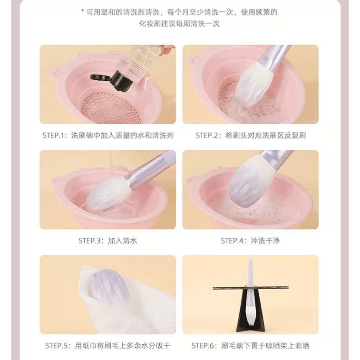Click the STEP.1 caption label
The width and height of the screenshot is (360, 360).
[x=108, y=136]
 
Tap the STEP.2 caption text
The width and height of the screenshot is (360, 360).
[x=251, y=136]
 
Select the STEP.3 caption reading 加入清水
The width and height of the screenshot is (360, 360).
[x=108, y=241]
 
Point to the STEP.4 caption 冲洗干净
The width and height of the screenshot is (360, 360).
[x=250, y=241]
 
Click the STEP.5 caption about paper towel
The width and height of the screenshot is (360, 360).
[x=108, y=345]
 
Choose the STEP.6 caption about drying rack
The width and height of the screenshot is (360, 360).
[x=250, y=345]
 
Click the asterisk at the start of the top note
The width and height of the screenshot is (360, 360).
[x=83, y=10]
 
